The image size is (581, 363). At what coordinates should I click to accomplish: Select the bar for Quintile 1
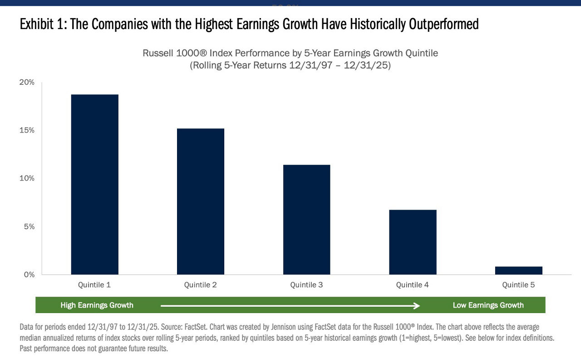tap(95, 184)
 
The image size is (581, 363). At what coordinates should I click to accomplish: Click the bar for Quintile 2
tap(201, 201)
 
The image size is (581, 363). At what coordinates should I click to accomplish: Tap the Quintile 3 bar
tap(306, 220)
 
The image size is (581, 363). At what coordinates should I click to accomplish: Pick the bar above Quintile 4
tap(413, 242)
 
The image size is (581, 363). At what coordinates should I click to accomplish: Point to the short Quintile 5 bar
tap(519, 270)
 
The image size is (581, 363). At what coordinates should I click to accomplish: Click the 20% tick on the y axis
tap(27, 82)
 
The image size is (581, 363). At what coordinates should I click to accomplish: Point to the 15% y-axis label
tap(27, 130)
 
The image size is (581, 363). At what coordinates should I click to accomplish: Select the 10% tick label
tap(27, 178)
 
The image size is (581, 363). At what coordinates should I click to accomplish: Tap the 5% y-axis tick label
tap(29, 226)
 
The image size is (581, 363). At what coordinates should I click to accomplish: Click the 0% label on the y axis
tap(29, 275)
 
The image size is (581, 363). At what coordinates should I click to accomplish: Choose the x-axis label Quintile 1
tap(94, 285)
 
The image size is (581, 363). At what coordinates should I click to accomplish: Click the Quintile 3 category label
tap(306, 285)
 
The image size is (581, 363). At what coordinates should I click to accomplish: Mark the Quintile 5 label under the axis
tap(518, 285)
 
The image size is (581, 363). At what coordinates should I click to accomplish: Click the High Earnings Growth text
tap(97, 305)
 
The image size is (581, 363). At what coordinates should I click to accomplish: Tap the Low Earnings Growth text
tap(488, 305)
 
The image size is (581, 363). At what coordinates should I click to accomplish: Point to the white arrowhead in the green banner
tap(417, 306)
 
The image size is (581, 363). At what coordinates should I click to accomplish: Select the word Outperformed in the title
tap(444, 25)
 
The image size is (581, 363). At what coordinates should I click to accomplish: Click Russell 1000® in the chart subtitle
tap(175, 53)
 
